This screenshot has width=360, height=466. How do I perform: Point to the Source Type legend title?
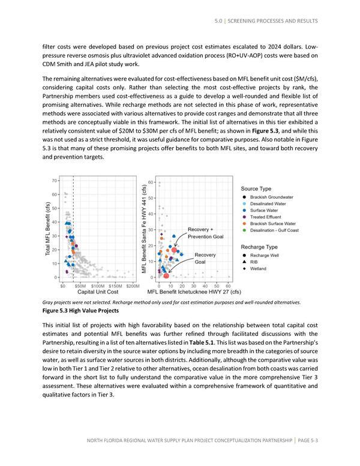257,187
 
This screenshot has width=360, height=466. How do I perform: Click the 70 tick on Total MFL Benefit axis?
54,180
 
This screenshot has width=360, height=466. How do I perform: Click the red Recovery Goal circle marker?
166,276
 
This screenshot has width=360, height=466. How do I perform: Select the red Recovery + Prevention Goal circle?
175,250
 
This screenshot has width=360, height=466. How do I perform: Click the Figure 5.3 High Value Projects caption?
80,311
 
